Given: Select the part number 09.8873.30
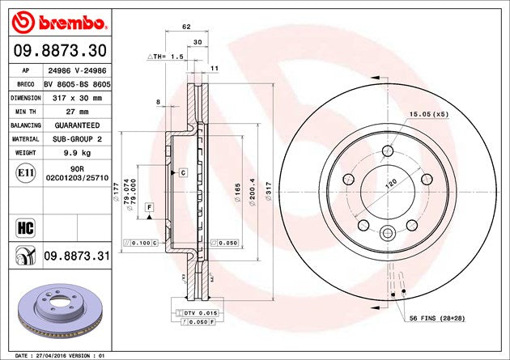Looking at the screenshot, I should point(57,50).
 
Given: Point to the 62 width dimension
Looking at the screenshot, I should point(186,27).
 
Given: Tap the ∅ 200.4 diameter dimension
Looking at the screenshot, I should point(251,191).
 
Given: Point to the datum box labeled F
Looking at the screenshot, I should point(149,208).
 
